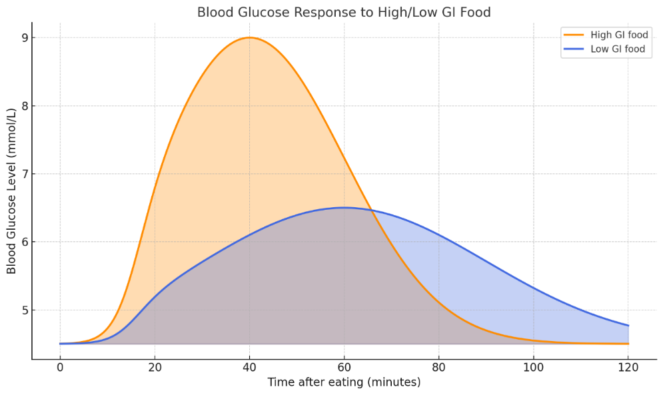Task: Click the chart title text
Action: tap(344, 12)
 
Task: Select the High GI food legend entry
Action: tap(606, 35)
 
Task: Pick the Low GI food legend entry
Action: tap(604, 49)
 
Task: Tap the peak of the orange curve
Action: tap(249, 38)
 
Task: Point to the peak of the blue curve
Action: tap(344, 207)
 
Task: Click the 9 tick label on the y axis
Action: tap(25, 38)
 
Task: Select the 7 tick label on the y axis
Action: tap(25, 174)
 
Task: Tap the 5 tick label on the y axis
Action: tap(25, 310)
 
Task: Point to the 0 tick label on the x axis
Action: tap(60, 368)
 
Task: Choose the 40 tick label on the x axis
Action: tap(249, 368)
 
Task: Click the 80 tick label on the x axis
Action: tap(439, 368)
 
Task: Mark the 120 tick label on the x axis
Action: tap(628, 368)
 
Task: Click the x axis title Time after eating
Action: tap(344, 382)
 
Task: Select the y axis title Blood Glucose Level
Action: tap(11, 191)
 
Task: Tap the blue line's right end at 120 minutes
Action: tap(628, 326)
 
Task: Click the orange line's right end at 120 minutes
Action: tap(628, 344)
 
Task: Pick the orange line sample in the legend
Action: tap(574, 35)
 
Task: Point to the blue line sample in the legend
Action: tap(574, 49)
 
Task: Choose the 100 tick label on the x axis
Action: tap(534, 368)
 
